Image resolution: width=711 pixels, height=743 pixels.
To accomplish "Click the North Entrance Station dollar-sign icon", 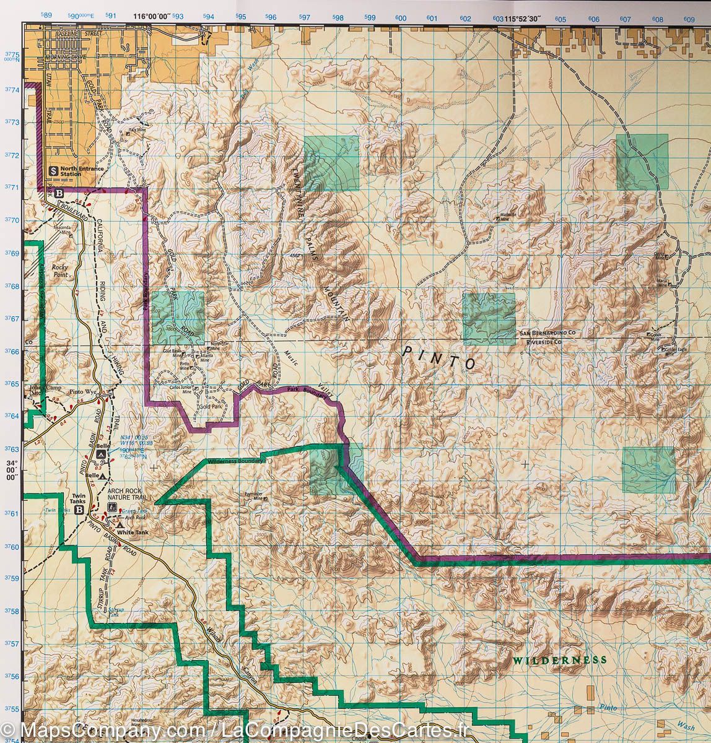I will pos(54,169).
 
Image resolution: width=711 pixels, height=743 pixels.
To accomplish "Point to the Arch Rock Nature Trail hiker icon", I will pos(111,507).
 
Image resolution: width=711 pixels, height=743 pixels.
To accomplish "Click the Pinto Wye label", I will pos(84,392).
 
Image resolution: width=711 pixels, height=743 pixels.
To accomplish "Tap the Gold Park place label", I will pos(211,406).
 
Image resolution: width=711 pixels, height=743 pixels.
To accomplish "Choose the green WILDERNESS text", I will pos(559,660).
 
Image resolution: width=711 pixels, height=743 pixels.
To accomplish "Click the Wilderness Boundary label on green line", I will pos(236,461).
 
